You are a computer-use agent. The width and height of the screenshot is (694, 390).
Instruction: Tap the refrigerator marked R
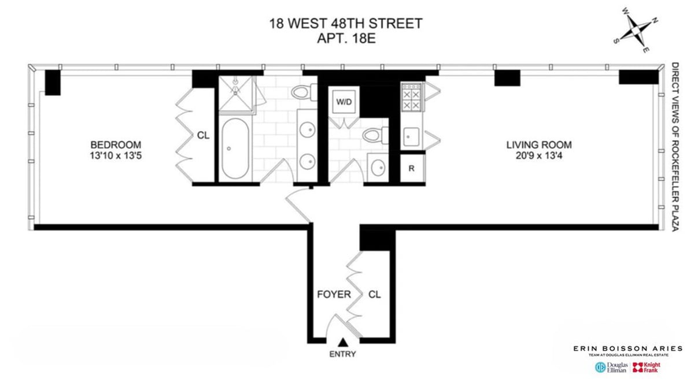(x=411, y=169)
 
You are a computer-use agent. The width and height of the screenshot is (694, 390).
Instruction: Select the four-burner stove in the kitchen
(x=411, y=96)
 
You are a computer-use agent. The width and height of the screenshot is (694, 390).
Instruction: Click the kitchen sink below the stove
(x=411, y=137)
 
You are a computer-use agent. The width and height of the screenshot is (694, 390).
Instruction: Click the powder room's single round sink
(x=378, y=168)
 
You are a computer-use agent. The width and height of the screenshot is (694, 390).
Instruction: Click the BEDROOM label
(x=115, y=144)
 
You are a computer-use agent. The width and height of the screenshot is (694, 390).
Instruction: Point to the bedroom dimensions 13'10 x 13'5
(x=115, y=155)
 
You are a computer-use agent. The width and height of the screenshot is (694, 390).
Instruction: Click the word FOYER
(x=334, y=295)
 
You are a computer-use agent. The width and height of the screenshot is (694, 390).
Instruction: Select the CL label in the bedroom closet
(x=203, y=136)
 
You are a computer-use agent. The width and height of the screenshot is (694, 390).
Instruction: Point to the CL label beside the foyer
(x=375, y=295)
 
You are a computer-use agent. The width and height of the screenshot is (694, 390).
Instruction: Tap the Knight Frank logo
(x=645, y=367)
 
